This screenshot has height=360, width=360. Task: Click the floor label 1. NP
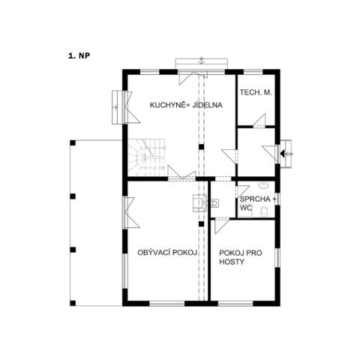click(79, 55)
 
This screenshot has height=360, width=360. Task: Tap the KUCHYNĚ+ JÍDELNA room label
click(186, 105)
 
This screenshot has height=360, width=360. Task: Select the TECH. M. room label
click(256, 92)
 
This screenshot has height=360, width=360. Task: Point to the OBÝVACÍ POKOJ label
click(167, 253)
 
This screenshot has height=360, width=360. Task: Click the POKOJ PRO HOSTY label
click(241, 257)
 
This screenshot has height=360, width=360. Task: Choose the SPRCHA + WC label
click(258, 203)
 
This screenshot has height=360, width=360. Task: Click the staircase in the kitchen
click(146, 157)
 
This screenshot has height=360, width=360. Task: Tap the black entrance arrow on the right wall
click(282, 154)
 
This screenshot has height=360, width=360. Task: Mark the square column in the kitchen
click(201, 147)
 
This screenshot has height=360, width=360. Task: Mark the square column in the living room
click(201, 223)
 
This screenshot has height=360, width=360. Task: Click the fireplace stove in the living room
click(199, 203)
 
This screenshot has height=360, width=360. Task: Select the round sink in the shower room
click(263, 185)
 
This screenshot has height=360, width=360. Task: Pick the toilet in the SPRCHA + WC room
click(264, 211)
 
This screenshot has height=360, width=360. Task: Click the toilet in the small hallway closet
click(214, 203)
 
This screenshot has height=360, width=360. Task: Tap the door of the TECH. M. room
click(259, 121)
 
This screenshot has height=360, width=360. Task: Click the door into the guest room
click(222, 226)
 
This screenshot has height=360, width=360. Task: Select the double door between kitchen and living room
click(181, 172)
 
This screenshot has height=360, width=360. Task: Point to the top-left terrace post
click(73, 142)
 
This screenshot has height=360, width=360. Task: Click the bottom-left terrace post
click(73, 303)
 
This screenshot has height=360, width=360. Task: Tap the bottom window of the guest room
click(235, 304)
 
